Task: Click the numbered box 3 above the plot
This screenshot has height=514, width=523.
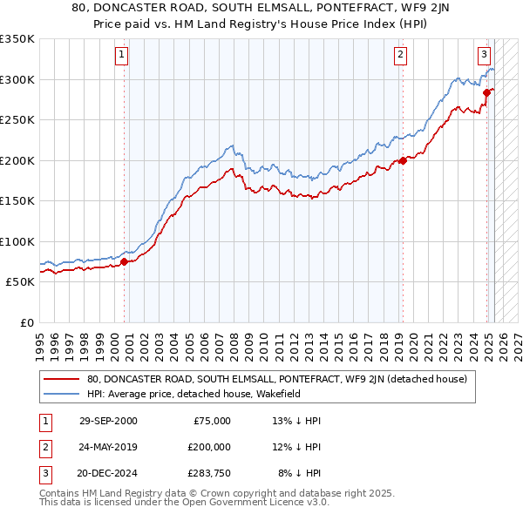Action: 484,53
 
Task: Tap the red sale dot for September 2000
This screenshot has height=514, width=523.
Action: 125,261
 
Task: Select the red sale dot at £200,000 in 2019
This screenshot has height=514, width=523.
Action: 404,160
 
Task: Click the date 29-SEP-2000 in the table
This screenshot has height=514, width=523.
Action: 108,421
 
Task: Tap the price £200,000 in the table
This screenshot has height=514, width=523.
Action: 209,447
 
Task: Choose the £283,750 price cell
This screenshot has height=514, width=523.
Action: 209,473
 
